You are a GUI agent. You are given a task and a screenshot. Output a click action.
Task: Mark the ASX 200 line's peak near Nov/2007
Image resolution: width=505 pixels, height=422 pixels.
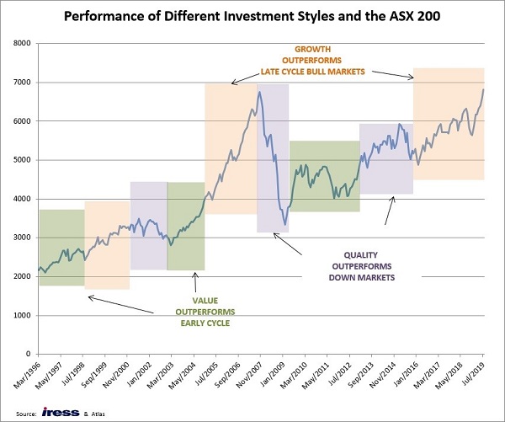click(259, 92)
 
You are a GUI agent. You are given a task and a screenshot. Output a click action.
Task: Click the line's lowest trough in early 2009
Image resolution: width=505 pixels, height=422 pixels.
click(284, 225)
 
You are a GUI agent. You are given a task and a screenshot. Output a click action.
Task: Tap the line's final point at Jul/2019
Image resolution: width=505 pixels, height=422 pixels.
click(483, 90)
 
